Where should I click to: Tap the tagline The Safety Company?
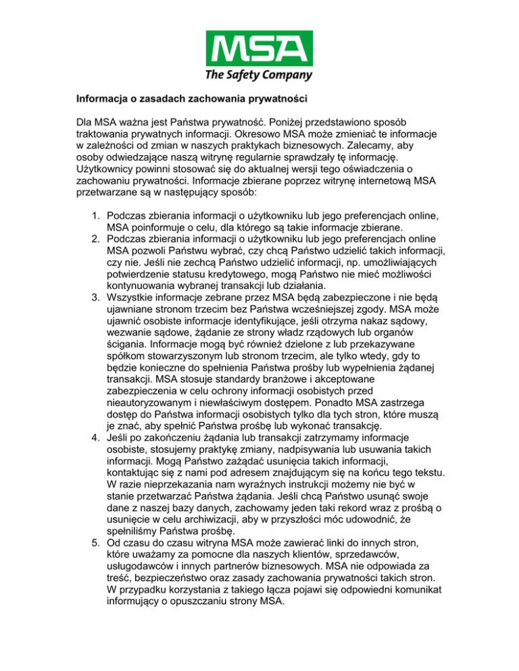259,75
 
